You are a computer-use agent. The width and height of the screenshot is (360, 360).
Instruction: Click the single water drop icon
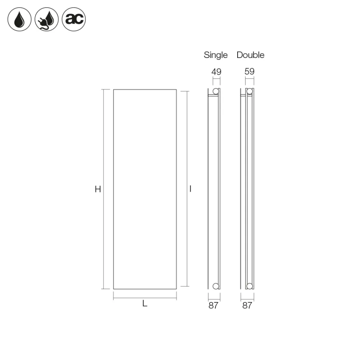[19, 19]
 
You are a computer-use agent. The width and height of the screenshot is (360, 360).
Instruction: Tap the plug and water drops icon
[47, 19]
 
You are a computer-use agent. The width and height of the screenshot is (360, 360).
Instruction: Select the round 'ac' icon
[74, 19]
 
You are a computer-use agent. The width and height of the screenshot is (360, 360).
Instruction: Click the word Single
[216, 55]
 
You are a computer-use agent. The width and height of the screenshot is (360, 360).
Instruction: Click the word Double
[250, 55]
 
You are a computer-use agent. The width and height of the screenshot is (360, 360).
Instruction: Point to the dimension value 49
[216, 72]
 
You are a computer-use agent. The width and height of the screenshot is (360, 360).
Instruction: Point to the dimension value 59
[249, 71]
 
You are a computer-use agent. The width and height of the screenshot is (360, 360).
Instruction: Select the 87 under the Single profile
[213, 305]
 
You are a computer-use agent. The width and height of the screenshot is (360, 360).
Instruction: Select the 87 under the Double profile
[247, 305]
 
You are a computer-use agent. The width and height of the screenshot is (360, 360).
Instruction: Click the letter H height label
[98, 189]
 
